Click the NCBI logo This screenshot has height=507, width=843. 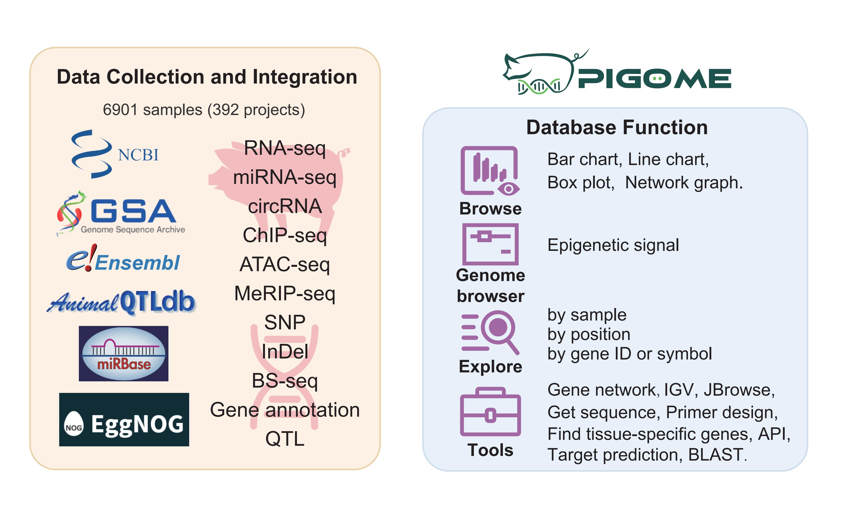114,154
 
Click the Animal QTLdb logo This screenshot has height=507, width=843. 121,302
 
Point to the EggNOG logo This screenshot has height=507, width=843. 124,420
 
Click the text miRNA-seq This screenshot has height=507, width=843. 285,177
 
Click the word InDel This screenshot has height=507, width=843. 285,351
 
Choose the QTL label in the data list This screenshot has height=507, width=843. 285,439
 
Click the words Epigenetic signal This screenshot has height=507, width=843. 613,245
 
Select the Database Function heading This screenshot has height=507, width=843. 617,127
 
